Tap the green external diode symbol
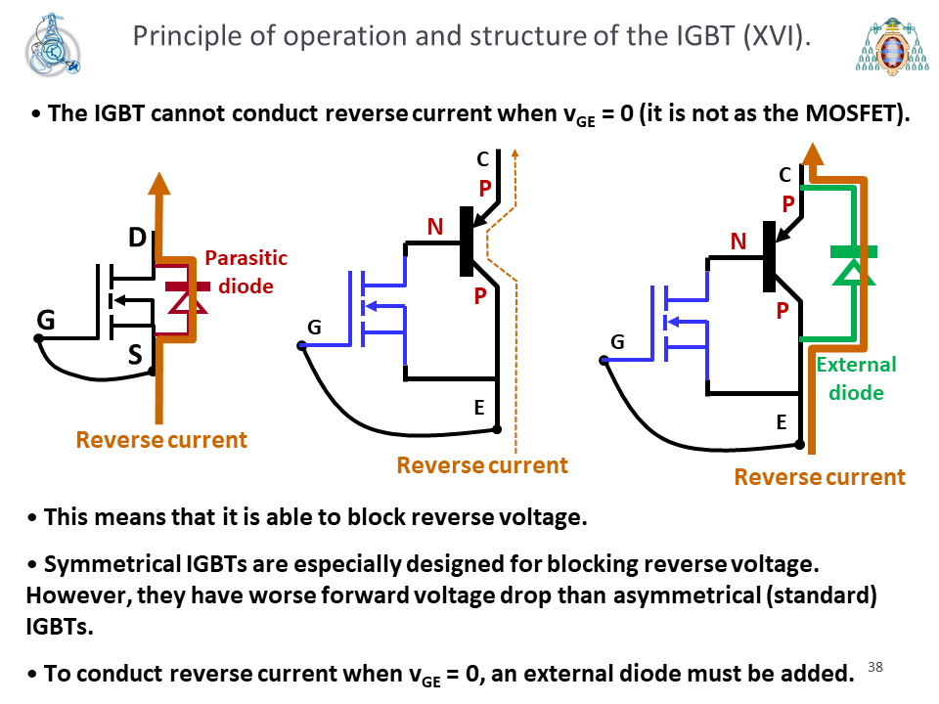[854, 266]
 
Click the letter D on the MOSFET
[137, 238]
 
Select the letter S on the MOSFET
[135, 355]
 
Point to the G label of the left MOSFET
[46, 321]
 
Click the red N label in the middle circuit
[435, 227]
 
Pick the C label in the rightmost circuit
[785, 175]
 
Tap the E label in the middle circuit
[479, 408]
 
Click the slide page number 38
[874, 667]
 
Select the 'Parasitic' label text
[246, 258]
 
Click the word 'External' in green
[857, 365]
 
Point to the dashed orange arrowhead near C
[515, 154]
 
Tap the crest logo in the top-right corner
[892, 47]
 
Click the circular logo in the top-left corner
[53, 46]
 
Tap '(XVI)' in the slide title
[777, 36]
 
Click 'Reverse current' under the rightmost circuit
[820, 477]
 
